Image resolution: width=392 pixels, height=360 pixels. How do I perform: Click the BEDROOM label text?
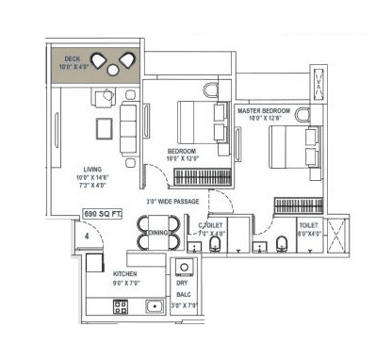(182, 151)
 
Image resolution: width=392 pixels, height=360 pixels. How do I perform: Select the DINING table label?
(157, 233)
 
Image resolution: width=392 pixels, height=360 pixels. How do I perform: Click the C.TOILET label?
(210, 225)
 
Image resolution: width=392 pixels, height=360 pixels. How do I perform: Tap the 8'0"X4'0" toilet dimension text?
(310, 233)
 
